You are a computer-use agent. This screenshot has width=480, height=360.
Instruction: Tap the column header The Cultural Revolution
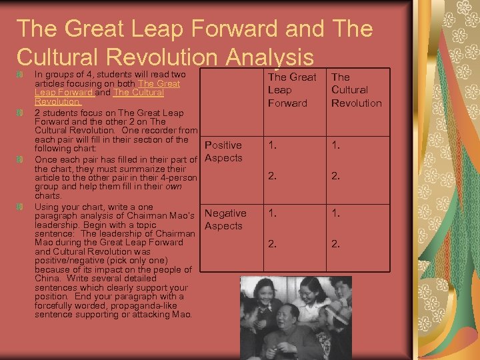click(356, 90)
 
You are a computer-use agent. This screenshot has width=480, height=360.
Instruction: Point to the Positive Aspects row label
click(223, 151)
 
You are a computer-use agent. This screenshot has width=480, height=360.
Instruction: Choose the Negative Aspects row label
click(225, 219)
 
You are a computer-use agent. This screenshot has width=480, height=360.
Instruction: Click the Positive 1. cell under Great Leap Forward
click(272, 145)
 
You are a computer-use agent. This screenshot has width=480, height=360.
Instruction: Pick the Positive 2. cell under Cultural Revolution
click(335, 176)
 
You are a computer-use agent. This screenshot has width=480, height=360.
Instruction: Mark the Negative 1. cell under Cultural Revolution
click(335, 213)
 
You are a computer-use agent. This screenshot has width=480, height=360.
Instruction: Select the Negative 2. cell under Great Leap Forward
click(272, 244)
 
